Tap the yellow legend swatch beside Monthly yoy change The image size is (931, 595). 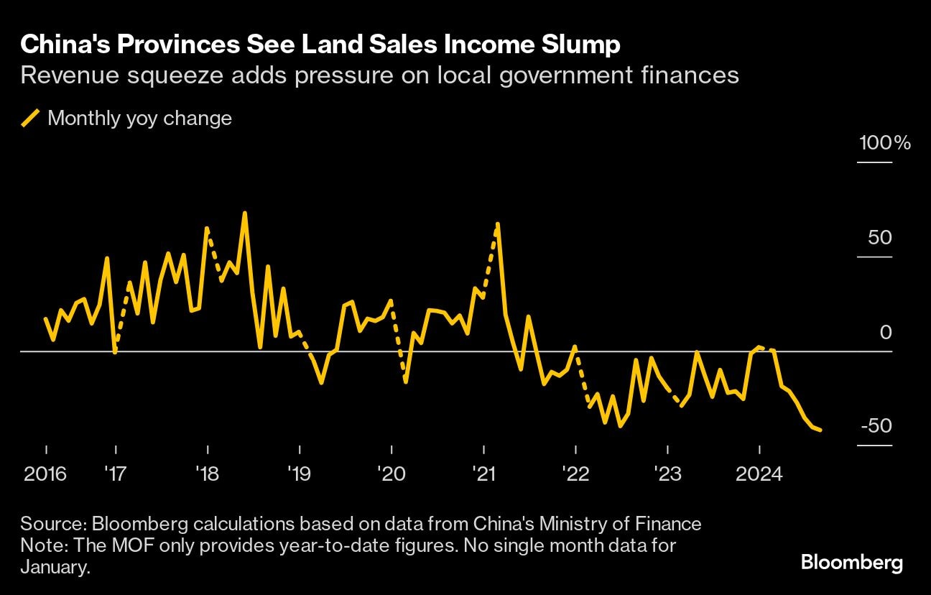pos(30,118)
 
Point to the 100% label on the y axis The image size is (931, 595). pos(885,143)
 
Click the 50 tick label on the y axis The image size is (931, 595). pos(880,238)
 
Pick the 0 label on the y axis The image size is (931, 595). pos(886,332)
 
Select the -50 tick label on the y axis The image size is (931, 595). pos(876,426)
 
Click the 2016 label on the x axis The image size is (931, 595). pos(46,474)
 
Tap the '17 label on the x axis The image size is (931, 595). pos(115,474)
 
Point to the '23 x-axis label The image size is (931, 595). pos(668,474)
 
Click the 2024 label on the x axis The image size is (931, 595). pos(760,474)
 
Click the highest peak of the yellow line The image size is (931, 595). pos(244,213)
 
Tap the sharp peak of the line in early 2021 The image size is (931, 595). pos(497,223)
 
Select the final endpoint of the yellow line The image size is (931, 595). pos(820,430)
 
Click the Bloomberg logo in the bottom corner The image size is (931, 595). pos(851,563)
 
